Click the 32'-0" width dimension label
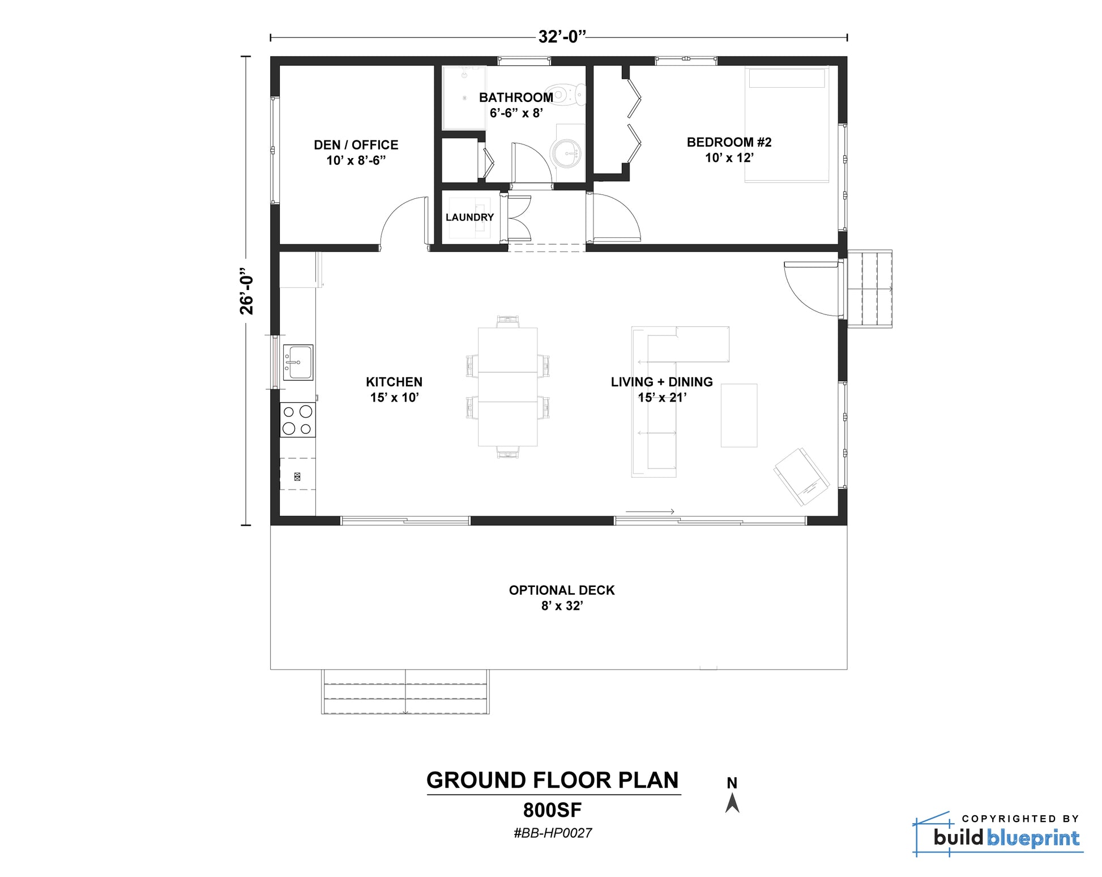561,37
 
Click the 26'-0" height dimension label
246,291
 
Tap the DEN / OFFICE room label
356,145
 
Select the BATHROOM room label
516,97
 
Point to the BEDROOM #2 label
729,142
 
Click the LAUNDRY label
469,218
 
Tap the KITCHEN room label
394,382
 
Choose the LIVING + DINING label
661,382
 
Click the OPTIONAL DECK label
562,590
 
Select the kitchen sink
298,363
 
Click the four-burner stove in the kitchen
298,420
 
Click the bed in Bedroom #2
787,125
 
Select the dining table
508,387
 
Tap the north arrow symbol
732,803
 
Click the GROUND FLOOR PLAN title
553,780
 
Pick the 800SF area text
553,810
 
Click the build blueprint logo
998,834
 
